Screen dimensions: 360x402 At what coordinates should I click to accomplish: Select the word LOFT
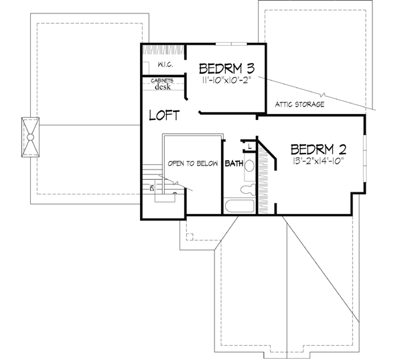pos(163,115)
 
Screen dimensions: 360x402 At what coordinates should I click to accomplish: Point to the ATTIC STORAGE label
pos(300,105)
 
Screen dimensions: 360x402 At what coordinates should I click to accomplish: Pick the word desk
pos(163,86)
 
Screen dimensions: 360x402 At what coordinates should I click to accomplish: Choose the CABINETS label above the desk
pos(163,80)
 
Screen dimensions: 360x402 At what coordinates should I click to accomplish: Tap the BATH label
pos(233,164)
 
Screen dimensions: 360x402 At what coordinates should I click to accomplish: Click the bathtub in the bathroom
pos(239,206)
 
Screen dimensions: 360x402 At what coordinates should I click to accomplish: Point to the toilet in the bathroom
pos(249,166)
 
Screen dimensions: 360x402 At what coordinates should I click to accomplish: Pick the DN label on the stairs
pos(152,188)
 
